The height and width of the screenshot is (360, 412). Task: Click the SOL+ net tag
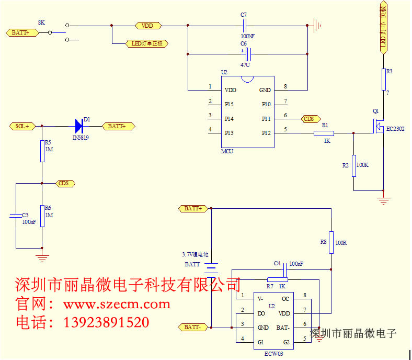22,126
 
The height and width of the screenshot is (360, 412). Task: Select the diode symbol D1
79,126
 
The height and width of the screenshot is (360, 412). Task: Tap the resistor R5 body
42,151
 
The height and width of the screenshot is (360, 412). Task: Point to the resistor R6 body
42,216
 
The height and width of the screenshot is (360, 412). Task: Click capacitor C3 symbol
16,215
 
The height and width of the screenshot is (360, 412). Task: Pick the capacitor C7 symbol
244,25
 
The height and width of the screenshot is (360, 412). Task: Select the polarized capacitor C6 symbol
248,54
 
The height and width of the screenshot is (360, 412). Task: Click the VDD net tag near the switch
148,25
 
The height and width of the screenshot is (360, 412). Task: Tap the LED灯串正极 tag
147,43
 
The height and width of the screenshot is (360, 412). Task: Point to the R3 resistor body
384,79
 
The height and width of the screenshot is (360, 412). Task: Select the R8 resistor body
331,242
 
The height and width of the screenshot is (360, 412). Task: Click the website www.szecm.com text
116,304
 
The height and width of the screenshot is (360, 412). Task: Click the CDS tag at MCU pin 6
308,119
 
